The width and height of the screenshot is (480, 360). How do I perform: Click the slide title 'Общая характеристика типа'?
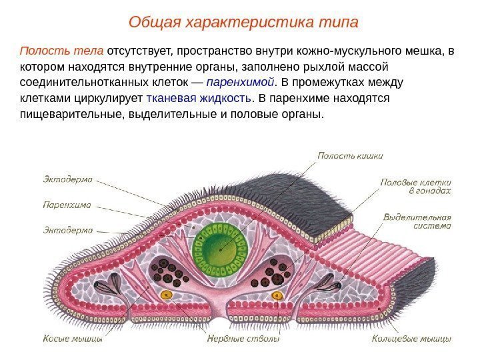pyautogui.click(x=243, y=23)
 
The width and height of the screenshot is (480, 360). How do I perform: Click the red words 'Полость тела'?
pyautogui.click(x=62, y=51)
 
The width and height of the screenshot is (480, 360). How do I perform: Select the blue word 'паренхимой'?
pyautogui.click(x=240, y=83)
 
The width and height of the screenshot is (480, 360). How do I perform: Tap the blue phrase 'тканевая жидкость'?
pyautogui.click(x=199, y=99)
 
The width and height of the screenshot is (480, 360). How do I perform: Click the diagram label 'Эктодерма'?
pyautogui.click(x=68, y=179)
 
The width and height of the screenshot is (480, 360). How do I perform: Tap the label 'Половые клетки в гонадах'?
pyautogui.click(x=416, y=185)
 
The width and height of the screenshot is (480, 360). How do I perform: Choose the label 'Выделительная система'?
pyautogui.click(x=417, y=221)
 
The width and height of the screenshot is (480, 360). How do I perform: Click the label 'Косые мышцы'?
pyautogui.click(x=73, y=339)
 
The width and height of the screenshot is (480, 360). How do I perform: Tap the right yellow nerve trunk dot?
pyautogui.click(x=276, y=294)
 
